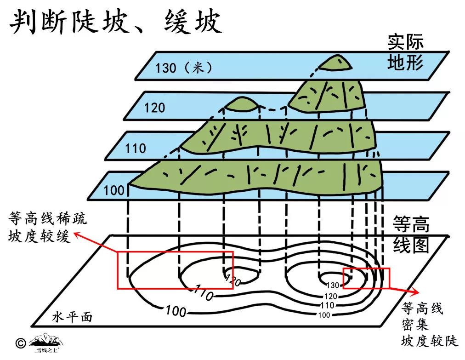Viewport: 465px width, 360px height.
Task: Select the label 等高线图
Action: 411,235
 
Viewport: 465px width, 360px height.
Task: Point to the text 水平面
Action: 72,317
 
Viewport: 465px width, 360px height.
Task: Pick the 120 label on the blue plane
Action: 154,108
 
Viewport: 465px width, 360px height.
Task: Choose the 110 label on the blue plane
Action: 136,149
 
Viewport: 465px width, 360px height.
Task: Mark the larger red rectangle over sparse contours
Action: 175,270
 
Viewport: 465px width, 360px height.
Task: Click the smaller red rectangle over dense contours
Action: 366,278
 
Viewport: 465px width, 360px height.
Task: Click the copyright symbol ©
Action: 20,343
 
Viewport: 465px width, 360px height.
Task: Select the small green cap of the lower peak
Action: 241,104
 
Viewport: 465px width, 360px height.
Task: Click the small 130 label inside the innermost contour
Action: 333,285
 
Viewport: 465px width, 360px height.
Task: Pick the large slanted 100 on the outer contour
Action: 176,311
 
